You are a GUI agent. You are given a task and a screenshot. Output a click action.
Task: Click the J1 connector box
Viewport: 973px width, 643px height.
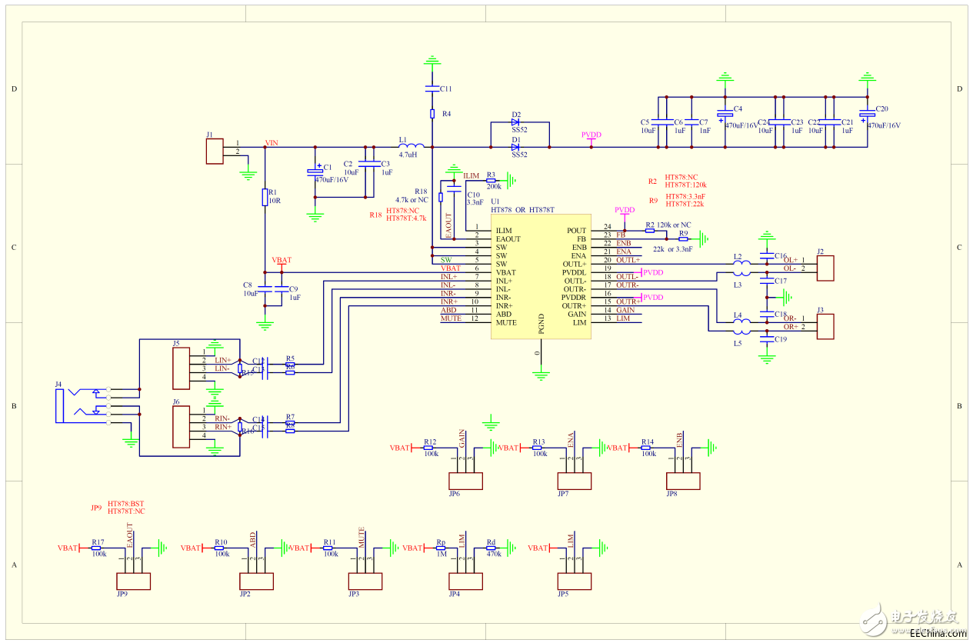pos(214,151)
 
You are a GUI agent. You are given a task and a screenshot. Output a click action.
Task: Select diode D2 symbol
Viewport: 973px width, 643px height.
pos(515,122)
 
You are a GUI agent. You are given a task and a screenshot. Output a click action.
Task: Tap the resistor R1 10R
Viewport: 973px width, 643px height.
pos(265,198)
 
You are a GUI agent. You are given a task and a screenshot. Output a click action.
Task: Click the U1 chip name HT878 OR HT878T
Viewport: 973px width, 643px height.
pos(522,210)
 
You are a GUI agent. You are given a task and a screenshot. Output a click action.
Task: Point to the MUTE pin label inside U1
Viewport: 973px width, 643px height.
pos(506,322)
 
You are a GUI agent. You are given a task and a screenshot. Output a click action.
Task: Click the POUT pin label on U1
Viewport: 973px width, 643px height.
pos(576,231)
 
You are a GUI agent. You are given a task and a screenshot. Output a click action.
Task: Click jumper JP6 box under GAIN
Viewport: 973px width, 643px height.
pos(466,481)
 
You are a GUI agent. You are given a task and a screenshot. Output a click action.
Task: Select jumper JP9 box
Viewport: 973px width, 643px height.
pos(133,581)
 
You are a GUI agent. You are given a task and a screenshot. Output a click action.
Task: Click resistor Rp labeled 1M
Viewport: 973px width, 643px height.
pos(441,548)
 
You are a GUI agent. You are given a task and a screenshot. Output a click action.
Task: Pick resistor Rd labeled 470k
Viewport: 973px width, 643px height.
pos(491,548)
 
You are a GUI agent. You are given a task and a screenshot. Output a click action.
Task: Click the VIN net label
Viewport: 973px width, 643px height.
pos(271,143)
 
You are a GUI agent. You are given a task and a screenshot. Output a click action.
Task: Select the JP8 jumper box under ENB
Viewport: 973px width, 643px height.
pos(683,481)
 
